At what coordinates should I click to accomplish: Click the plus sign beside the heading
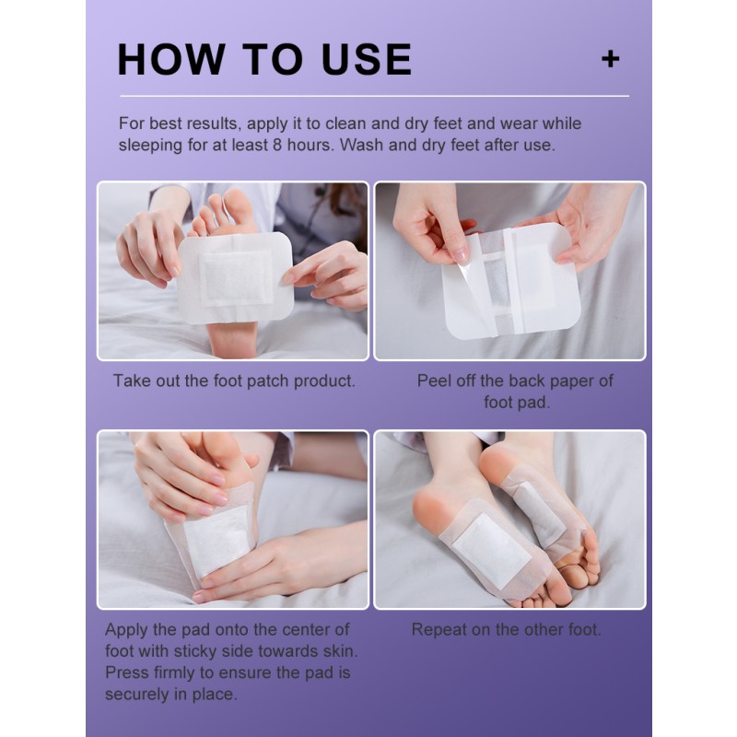tap(610, 59)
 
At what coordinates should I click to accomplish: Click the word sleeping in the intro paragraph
tap(154, 146)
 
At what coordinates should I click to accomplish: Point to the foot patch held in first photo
tap(234, 276)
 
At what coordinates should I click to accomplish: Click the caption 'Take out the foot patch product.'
tap(234, 380)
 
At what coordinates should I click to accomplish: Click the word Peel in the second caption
tap(435, 380)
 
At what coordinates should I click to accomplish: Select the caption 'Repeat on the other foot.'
tap(506, 630)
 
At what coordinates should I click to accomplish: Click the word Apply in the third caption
tap(128, 630)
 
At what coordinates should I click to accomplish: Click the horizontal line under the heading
tap(373, 96)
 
